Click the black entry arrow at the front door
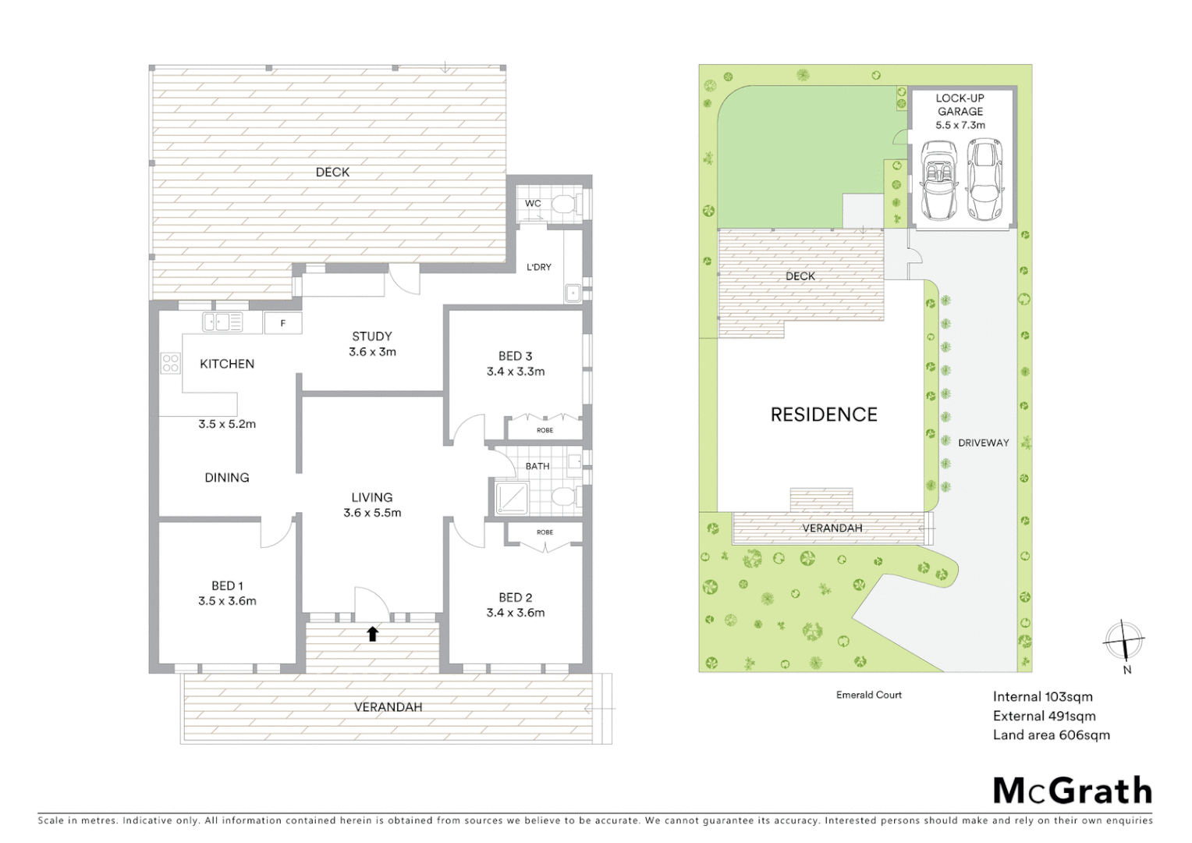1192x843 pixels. (373, 634)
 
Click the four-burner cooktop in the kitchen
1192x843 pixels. (170, 363)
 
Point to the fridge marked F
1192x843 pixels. (282, 323)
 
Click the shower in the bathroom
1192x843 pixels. (512, 498)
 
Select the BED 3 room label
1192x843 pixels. (515, 356)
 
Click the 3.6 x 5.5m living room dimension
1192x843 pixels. (372, 513)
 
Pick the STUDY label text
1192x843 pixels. (372, 336)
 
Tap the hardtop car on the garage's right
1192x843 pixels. (984, 179)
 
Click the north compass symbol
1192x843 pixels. (1123, 643)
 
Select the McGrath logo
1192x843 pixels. (1072, 791)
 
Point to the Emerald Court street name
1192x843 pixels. (868, 695)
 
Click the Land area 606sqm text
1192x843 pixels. (1051, 735)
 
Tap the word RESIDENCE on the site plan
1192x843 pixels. (824, 414)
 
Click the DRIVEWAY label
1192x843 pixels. (983, 443)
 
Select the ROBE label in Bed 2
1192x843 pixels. (545, 532)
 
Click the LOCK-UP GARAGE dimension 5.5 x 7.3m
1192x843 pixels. (960, 125)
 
